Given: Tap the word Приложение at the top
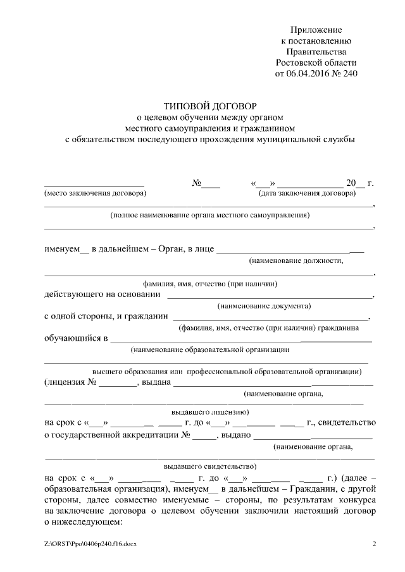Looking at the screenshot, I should pyautogui.click(x=316, y=30).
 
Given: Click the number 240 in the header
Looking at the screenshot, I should pyautogui.click(x=349, y=73).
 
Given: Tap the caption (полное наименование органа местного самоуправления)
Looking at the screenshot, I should pyautogui.click(x=209, y=215).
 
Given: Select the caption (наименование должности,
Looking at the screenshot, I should pyautogui.click(x=297, y=260).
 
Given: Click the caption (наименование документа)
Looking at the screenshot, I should pyautogui.click(x=264, y=306).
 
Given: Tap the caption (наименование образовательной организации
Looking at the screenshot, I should pyautogui.click(x=209, y=350).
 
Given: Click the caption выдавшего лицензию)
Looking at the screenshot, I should pyautogui.click(x=210, y=410).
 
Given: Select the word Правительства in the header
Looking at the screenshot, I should pyautogui.click(x=316, y=52).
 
